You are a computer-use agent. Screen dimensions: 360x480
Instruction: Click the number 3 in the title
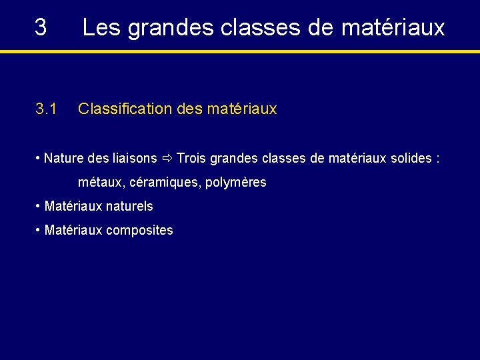[41, 27]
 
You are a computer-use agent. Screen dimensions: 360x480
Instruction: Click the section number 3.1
[46, 109]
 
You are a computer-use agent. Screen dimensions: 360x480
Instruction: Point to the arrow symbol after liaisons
[167, 159]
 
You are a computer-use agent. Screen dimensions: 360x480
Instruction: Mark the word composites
[139, 231]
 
